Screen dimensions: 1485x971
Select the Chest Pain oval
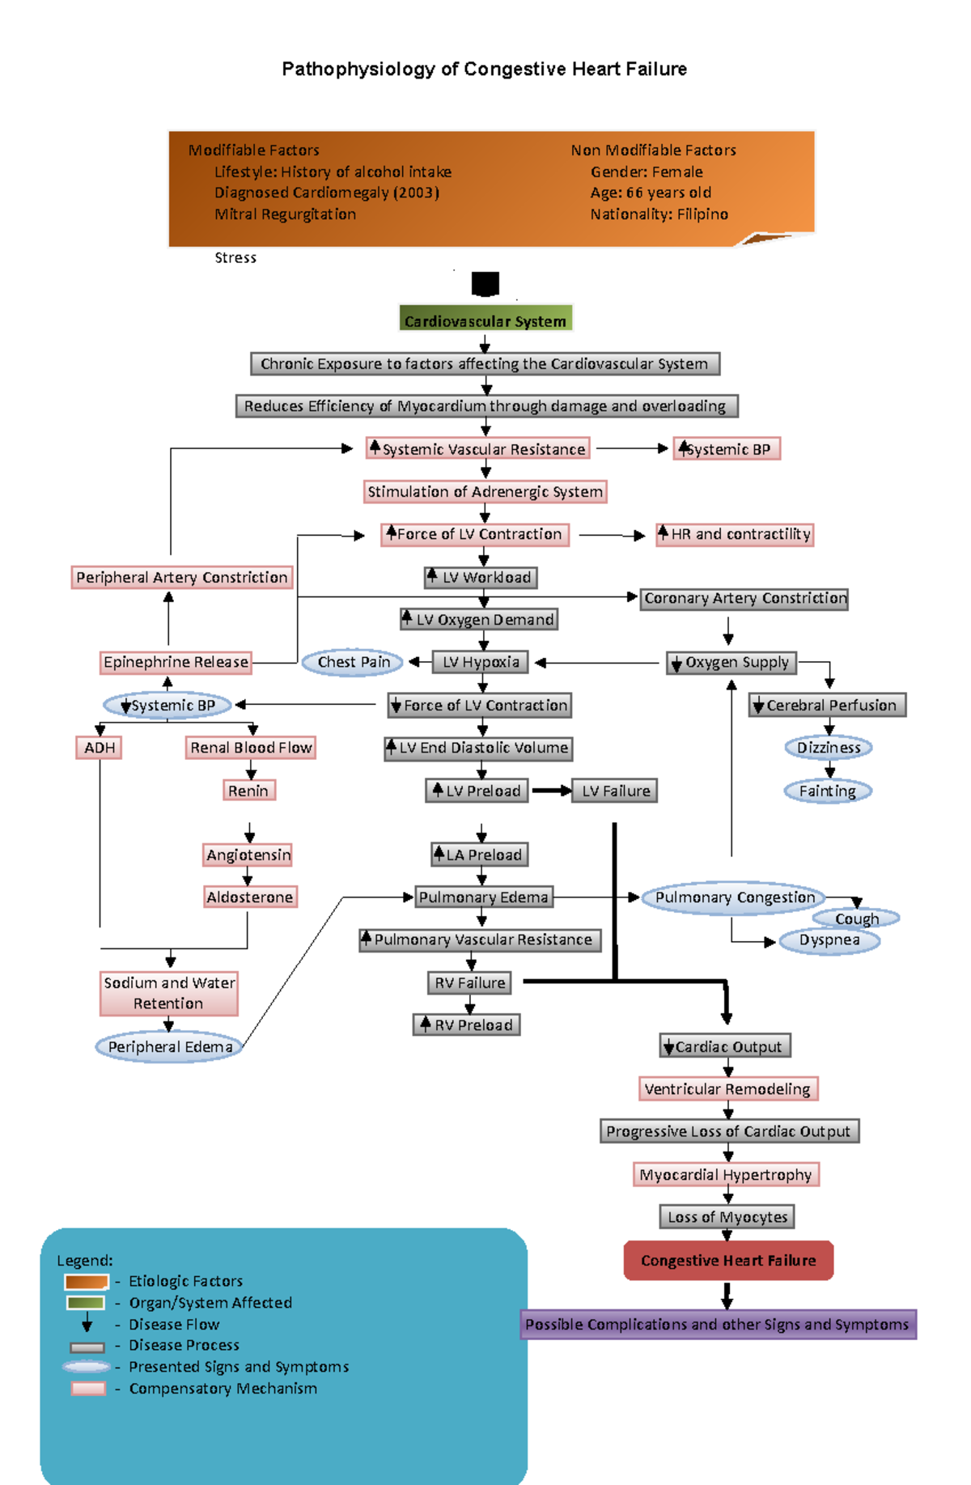[353, 662]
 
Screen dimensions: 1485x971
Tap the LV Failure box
[615, 791]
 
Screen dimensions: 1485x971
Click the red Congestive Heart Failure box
[728, 1260]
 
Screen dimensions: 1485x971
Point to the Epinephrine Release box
[176, 662]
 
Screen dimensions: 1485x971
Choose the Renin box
[248, 791]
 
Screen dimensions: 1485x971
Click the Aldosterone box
[249, 897]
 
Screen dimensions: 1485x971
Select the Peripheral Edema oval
[170, 1046]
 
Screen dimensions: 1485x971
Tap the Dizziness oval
[829, 748]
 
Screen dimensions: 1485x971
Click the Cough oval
[856, 919]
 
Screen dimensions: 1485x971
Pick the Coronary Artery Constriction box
[744, 599]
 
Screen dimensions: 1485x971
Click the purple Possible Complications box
[718, 1325]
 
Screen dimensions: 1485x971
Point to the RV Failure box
[469, 982]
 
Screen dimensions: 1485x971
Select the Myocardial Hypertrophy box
[726, 1174]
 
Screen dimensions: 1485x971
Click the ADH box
[100, 748]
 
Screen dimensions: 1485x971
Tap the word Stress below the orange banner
[235, 258]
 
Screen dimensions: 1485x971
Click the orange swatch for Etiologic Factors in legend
[87, 1282]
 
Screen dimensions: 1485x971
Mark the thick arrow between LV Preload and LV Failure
[551, 791]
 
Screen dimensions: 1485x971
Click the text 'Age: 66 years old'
[651, 193]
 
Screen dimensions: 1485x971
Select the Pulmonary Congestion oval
[735, 897]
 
